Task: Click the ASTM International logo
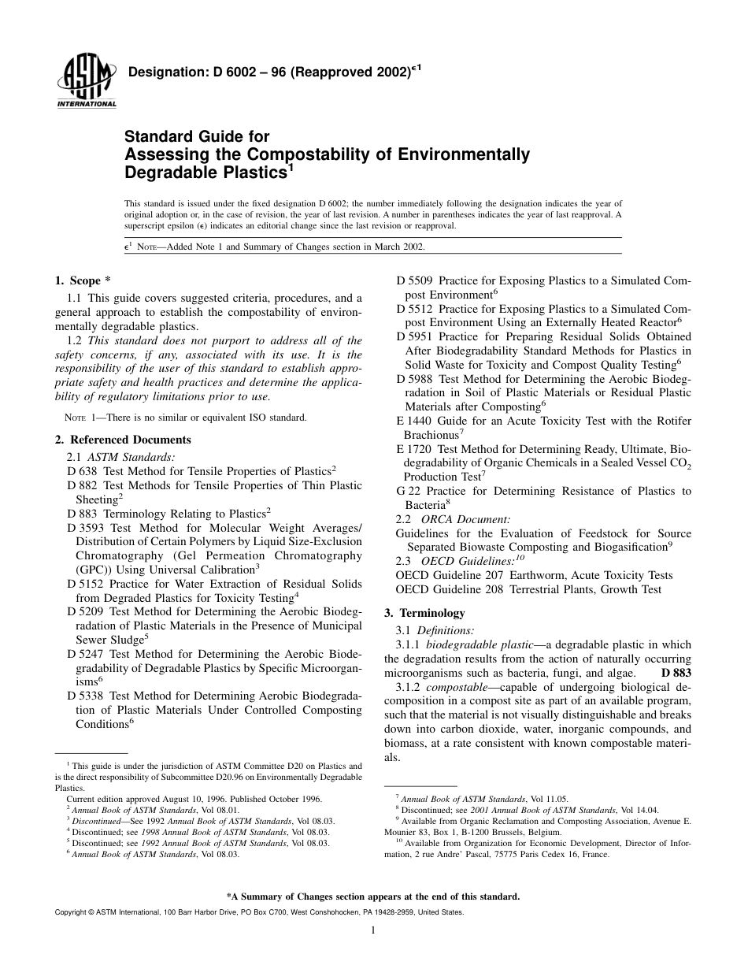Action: coord(86,82)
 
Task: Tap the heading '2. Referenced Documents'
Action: coord(123,440)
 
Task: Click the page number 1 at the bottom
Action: coord(373,930)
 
